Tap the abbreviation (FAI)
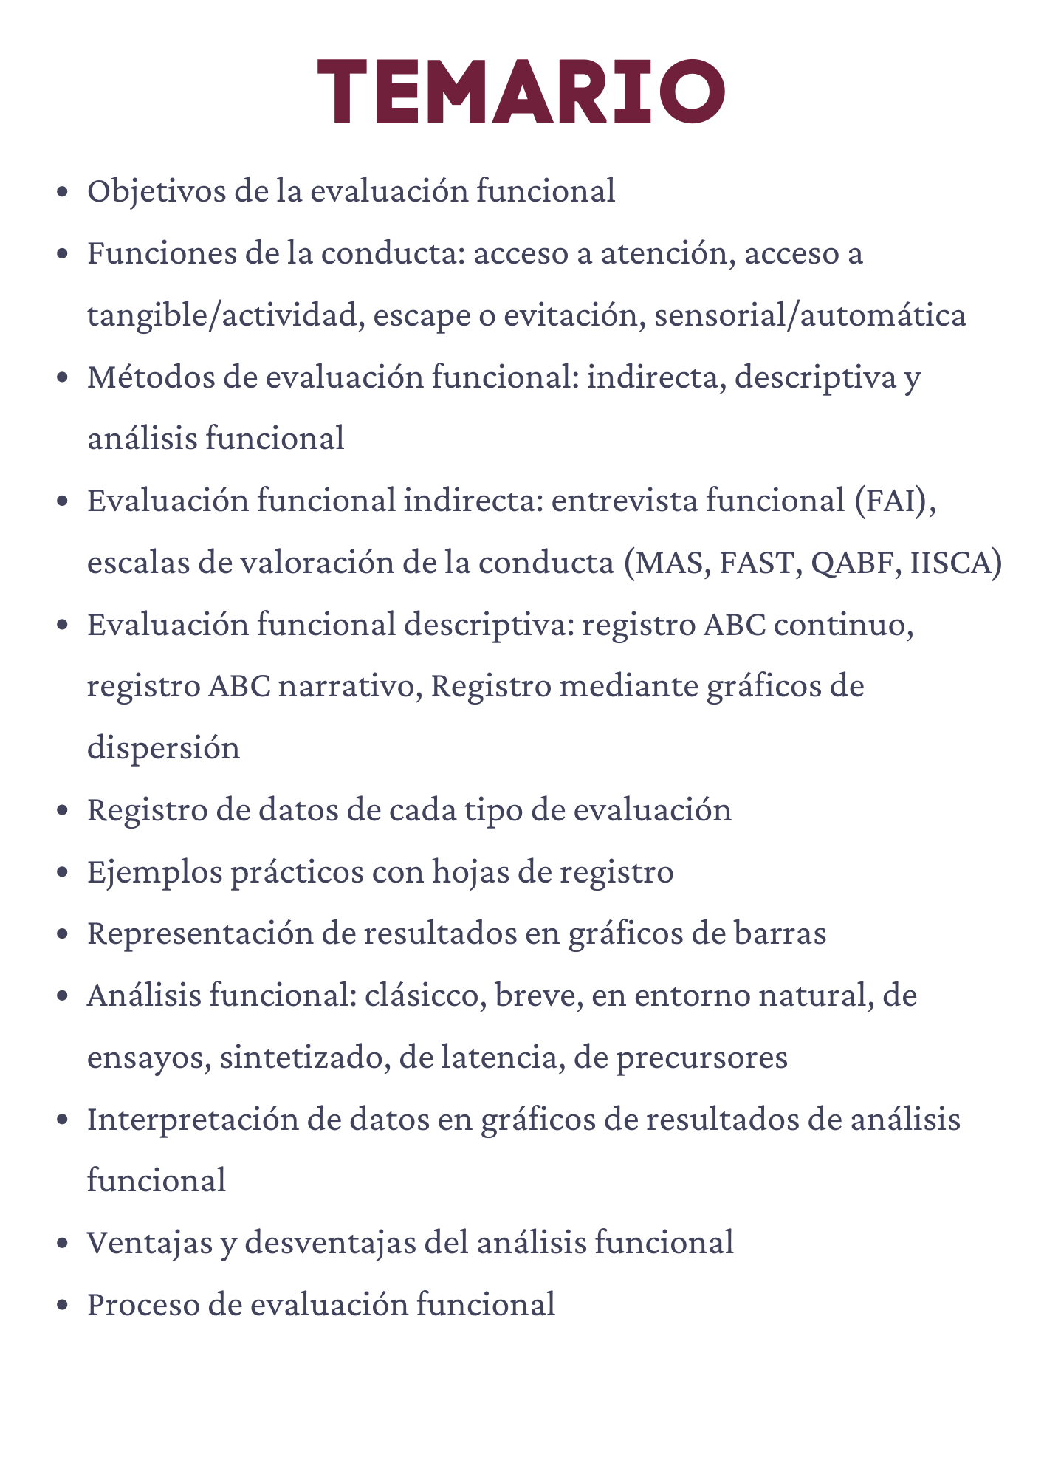[895, 501]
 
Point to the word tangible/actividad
[225, 315]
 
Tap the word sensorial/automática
[810, 315]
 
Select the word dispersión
[163, 748]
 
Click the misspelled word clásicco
[425, 995]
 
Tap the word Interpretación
[191, 1120]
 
